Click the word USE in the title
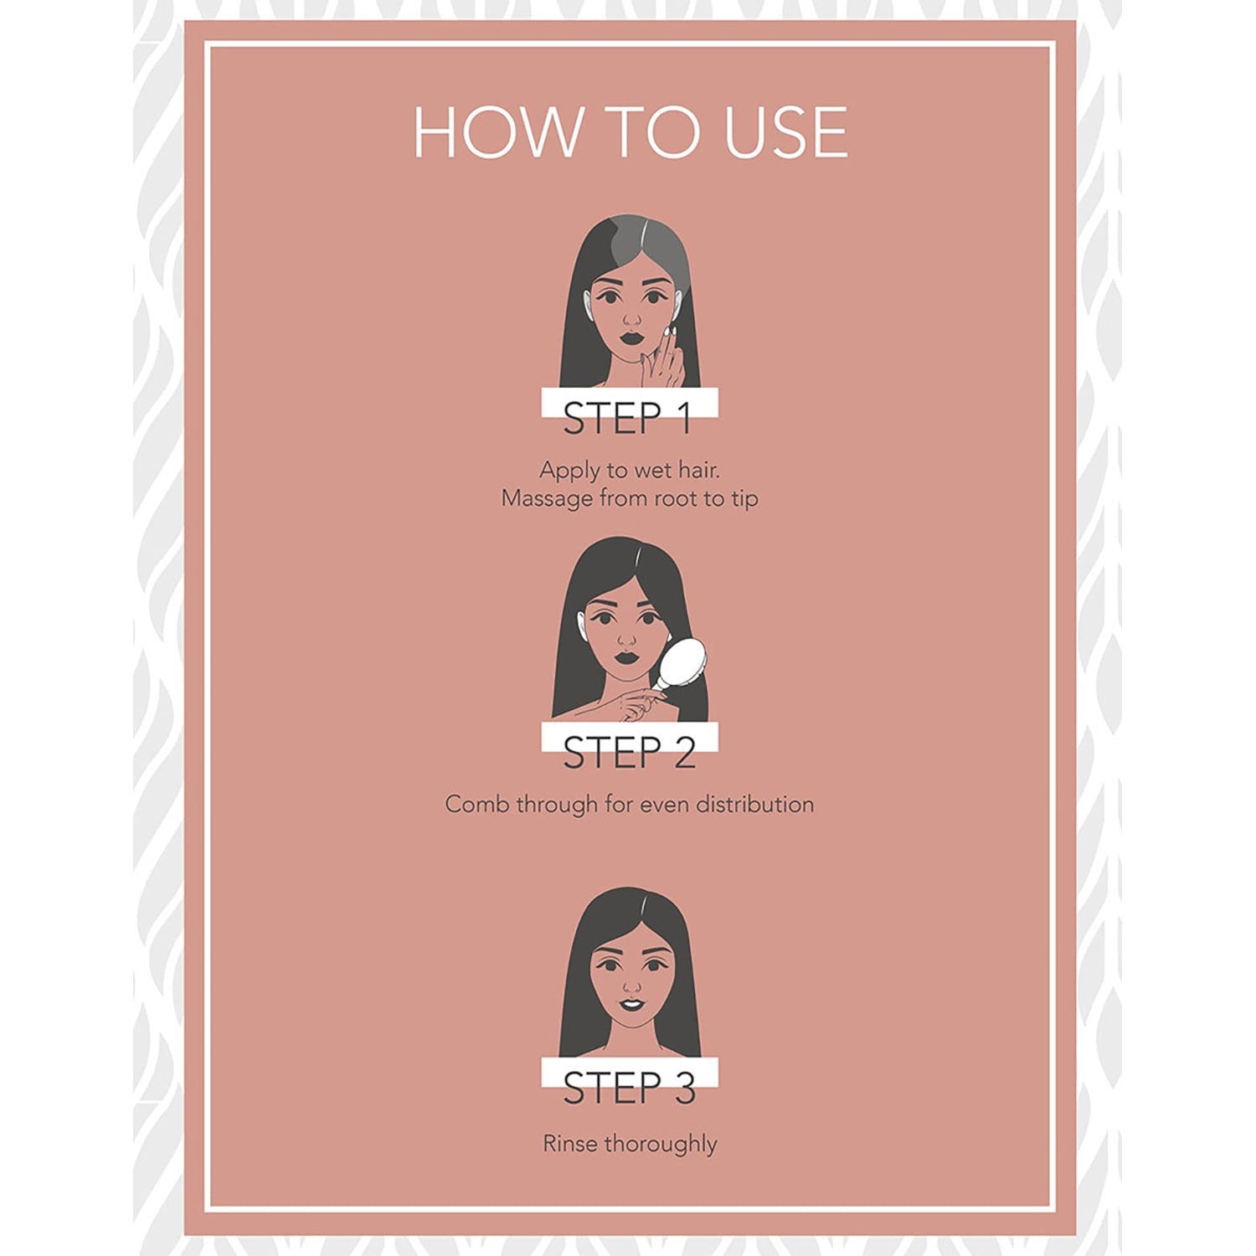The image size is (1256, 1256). pos(786,132)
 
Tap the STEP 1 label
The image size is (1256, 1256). pos(628,419)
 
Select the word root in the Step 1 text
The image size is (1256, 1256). pos(677,498)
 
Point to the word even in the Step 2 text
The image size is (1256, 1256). pos(665,805)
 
